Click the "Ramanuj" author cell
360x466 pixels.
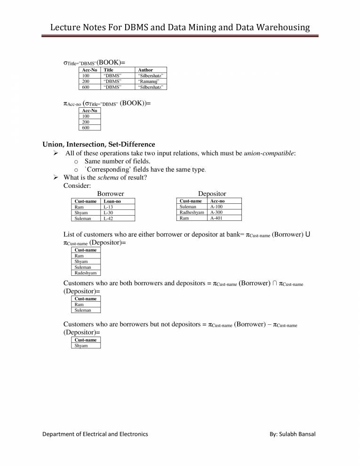pyautogui.click(x=149, y=81)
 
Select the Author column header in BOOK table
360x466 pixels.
pyautogui.click(x=145, y=70)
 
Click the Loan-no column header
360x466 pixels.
pyautogui.click(x=112, y=201)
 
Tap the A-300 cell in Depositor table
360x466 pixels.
pyautogui.click(x=216, y=212)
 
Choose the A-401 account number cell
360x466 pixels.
pyautogui.click(x=216, y=218)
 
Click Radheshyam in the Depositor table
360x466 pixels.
pyautogui.click(x=192, y=212)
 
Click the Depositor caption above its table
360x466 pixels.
pyautogui.click(x=212, y=193)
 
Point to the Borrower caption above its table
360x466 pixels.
pyautogui.click(x=110, y=193)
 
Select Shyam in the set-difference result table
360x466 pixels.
pyautogui.click(x=81, y=345)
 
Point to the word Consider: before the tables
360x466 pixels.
pyautogui.click(x=77, y=185)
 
